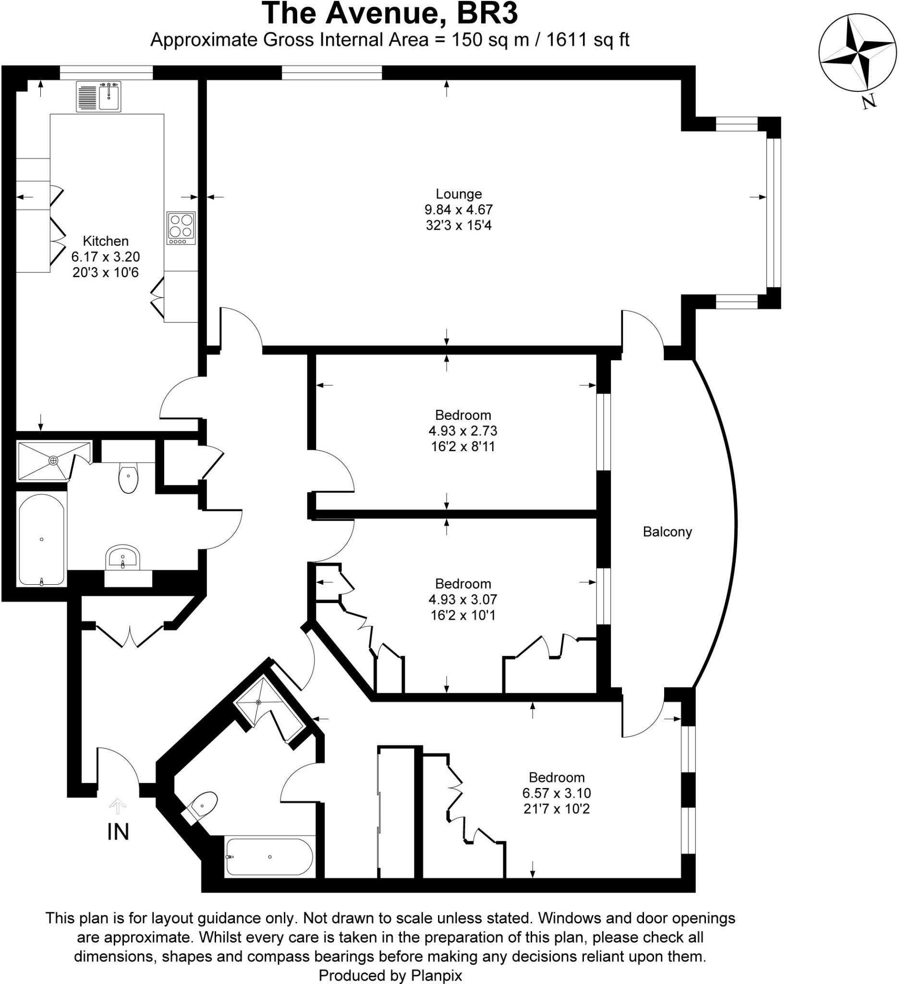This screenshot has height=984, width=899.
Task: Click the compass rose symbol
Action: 857,53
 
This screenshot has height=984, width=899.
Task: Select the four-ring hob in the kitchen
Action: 181,228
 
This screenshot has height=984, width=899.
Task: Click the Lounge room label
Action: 459,194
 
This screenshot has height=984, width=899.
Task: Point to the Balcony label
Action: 667,531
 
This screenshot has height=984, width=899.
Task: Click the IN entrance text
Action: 118,832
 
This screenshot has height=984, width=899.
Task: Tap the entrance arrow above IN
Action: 118,806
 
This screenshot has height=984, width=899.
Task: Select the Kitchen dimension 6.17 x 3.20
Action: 105,257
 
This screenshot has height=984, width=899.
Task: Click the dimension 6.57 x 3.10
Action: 557,793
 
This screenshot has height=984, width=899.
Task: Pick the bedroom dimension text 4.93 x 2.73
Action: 463,431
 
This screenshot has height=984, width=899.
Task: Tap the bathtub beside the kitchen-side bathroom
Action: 41,540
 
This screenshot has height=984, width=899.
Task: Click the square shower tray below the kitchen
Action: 53,461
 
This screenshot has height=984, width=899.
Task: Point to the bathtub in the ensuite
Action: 269,857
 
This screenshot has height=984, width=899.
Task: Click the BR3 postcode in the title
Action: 486,13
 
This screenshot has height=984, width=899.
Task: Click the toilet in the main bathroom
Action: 128,478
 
